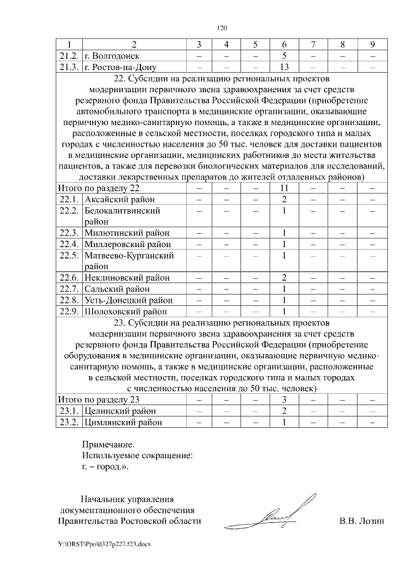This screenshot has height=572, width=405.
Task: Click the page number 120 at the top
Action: point(221,28)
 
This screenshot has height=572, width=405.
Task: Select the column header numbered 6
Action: point(284,44)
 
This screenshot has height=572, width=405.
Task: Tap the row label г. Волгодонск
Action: point(111,56)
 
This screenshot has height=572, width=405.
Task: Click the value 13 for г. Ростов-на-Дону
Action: point(284,67)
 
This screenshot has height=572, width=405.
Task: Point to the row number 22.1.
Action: point(68,199)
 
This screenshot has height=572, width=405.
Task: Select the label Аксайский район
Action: point(115,199)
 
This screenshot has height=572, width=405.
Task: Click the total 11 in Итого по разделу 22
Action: point(284,188)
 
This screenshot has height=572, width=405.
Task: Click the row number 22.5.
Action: point(68,255)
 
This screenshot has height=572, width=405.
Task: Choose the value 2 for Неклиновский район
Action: point(284,277)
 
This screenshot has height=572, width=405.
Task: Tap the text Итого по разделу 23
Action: point(98,399)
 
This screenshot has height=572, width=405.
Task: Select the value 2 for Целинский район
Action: point(284,411)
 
